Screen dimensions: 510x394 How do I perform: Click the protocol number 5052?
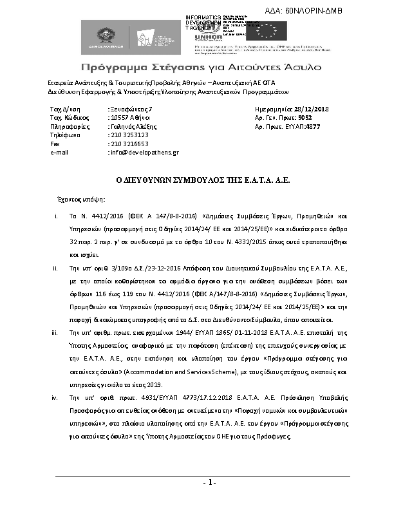pyautogui.click(x=305, y=118)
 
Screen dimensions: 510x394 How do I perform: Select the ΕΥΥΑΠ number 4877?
pyautogui.click(x=313, y=127)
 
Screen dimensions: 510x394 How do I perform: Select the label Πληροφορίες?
pyautogui.click(x=68, y=127)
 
